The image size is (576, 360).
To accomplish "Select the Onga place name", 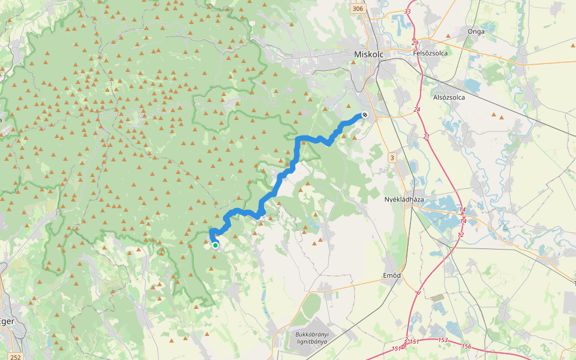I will click(x=476, y=31).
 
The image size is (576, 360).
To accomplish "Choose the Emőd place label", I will click(x=391, y=275).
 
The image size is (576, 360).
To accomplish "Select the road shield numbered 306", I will click(x=358, y=8).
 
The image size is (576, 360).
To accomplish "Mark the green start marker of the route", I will click(x=215, y=245).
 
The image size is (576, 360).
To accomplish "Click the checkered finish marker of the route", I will click(x=364, y=115).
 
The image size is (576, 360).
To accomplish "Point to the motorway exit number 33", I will click(x=408, y=11).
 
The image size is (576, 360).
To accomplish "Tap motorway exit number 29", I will click(x=415, y=43).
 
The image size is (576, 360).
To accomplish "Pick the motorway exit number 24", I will click(x=417, y=110).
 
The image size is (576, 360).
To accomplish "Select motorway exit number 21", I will click(x=427, y=137).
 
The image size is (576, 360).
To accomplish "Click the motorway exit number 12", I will click(x=460, y=235).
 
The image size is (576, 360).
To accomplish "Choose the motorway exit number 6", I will click(x=418, y=293).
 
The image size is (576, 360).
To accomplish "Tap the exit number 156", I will click(x=466, y=347).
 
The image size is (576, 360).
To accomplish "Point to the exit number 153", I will click(x=443, y=340).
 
